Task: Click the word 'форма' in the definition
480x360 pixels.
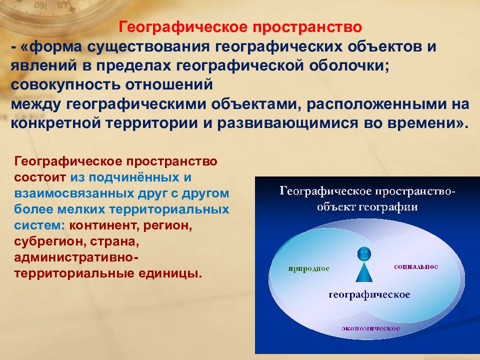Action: click(x=52, y=47)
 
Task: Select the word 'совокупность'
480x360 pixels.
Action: click(x=65, y=85)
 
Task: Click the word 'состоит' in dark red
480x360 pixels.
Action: click(x=40, y=177)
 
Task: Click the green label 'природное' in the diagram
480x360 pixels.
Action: click(x=308, y=269)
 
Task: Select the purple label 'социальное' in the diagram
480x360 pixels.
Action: click(x=416, y=267)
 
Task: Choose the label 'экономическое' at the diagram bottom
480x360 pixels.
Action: click(x=370, y=328)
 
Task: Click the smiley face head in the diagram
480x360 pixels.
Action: click(x=364, y=254)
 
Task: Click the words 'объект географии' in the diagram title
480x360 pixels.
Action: click(x=367, y=207)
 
